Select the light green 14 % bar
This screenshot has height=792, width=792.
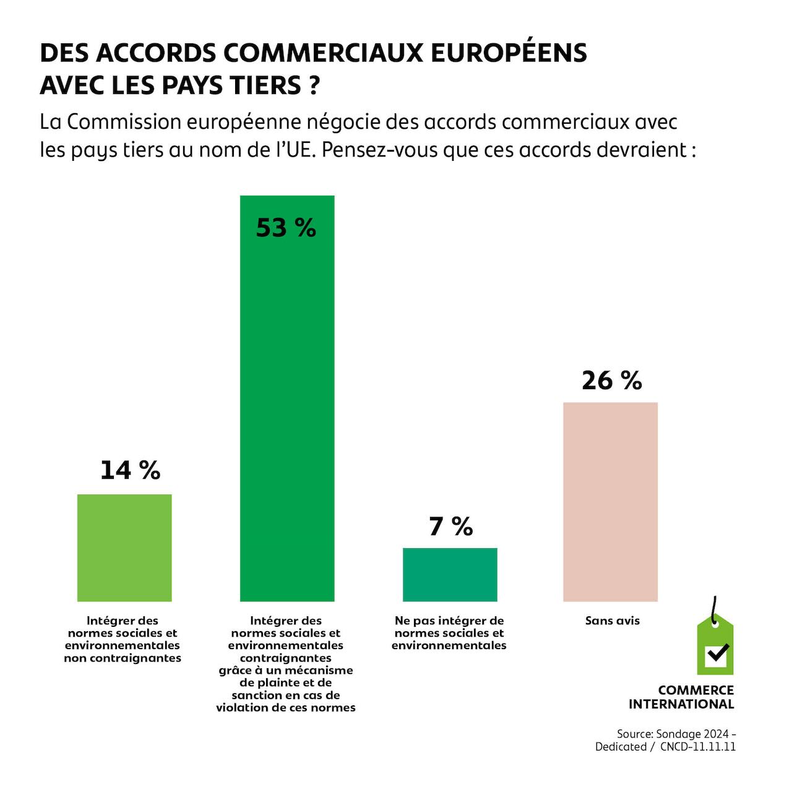point(124,548)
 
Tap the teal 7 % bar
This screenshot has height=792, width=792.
point(450,575)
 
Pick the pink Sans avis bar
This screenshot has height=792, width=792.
point(610,502)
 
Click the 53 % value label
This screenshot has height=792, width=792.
point(286,228)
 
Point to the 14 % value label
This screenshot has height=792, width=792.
point(130,470)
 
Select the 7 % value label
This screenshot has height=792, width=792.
point(450,527)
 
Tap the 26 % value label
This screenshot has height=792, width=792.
point(611,381)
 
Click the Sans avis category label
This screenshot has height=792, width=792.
point(612,621)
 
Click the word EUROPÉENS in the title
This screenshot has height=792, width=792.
point(508,53)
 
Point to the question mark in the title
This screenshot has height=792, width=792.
point(314,85)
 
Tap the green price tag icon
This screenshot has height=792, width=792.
point(715,647)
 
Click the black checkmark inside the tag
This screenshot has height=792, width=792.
point(717,653)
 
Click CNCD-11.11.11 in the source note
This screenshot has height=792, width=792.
point(697,747)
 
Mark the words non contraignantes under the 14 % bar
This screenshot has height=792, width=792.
point(123,658)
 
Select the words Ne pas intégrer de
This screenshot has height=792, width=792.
point(449,621)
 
